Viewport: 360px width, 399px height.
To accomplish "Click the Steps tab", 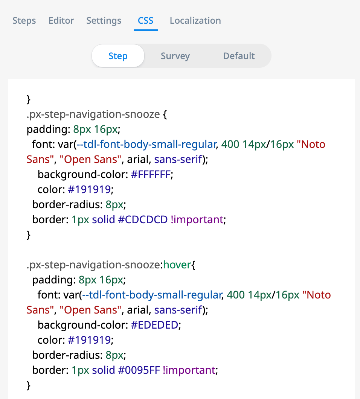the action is pos(24,21).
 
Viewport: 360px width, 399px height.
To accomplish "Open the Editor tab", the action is pos(61,21).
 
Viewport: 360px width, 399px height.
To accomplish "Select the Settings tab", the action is pos(104,21).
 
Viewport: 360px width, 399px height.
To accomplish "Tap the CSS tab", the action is pos(146,21).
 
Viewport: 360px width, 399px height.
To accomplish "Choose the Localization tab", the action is pos(195,21).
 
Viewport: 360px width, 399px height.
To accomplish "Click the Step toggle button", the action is pos(118,56).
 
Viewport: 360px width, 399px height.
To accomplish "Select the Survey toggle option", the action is pos(175,56).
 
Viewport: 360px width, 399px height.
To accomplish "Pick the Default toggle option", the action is pos(239,56).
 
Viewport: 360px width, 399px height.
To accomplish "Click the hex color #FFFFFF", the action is pos(151,175).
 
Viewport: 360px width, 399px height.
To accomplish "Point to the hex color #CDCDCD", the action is pos(143,219).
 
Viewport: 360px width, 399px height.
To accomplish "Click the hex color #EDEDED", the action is pos(154,325).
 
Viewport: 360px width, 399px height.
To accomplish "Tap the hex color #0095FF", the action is pos(139,370).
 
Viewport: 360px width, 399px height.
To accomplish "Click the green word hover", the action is pos(177,265).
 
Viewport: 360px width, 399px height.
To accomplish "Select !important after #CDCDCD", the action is pos(197,219).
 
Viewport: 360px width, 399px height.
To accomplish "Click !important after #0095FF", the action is pos(189,370).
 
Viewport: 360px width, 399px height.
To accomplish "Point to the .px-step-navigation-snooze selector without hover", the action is pos(93,114).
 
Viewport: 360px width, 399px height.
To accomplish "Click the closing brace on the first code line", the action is pos(29,99).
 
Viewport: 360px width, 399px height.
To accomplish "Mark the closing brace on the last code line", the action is pos(29,385).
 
